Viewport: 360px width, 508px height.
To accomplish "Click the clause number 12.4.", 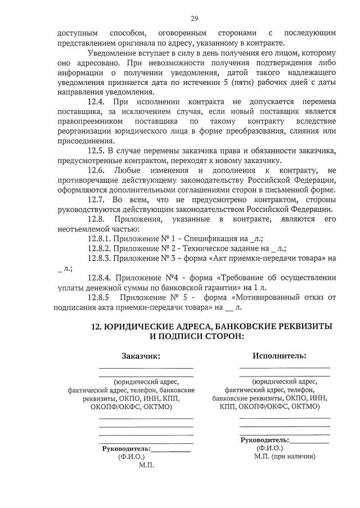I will tap(96, 102).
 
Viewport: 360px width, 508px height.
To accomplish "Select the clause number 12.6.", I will tap(96, 170).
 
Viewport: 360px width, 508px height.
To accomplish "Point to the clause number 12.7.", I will tap(96, 199).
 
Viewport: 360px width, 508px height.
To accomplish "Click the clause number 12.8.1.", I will tap(100, 238).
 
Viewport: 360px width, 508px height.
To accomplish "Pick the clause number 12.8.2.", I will tap(100, 248).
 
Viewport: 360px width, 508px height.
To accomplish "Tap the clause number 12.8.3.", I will tap(100, 258).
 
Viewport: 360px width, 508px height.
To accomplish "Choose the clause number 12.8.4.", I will tap(100, 278).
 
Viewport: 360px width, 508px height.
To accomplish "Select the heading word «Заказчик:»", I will tap(141, 356).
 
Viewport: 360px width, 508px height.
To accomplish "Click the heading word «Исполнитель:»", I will tap(279, 355).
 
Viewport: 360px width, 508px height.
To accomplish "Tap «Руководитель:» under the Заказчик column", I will tap(126, 449).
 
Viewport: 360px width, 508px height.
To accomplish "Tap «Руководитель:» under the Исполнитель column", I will tap(264, 440).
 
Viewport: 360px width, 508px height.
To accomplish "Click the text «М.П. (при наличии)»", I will tap(284, 457).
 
